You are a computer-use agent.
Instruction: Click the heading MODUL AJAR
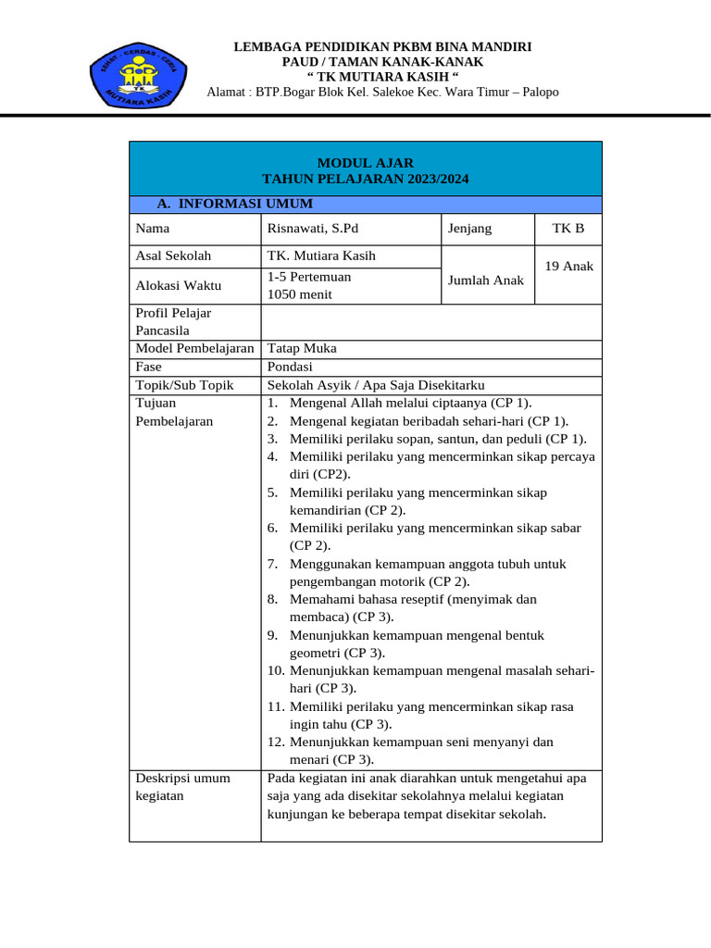tap(366, 162)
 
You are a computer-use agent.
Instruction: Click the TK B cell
tap(568, 228)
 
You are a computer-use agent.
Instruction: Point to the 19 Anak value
tap(568, 266)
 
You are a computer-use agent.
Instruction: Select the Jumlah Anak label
tap(486, 280)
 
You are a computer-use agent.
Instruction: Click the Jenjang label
tap(469, 228)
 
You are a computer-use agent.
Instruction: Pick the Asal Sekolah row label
tap(173, 256)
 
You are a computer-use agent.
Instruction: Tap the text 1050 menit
tap(300, 294)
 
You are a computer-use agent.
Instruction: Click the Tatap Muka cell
tap(302, 348)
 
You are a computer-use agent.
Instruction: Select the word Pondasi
tap(290, 367)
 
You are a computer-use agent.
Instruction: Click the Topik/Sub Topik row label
tap(184, 385)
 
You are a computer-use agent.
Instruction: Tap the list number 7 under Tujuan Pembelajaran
tap(272, 563)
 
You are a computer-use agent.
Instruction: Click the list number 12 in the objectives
tap(275, 742)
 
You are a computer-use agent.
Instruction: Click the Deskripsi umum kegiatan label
tap(182, 787)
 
